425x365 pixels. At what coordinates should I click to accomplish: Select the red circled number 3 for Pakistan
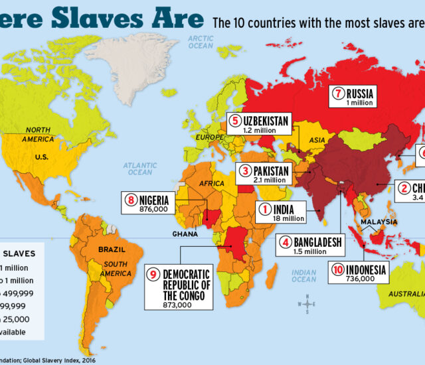[246, 171]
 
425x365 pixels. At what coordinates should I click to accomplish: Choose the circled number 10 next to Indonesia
[337, 269]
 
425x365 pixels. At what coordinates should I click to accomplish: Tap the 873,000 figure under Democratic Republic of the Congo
[181, 304]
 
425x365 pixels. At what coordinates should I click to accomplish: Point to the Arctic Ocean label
[201, 42]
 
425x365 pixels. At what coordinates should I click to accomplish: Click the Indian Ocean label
[303, 275]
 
